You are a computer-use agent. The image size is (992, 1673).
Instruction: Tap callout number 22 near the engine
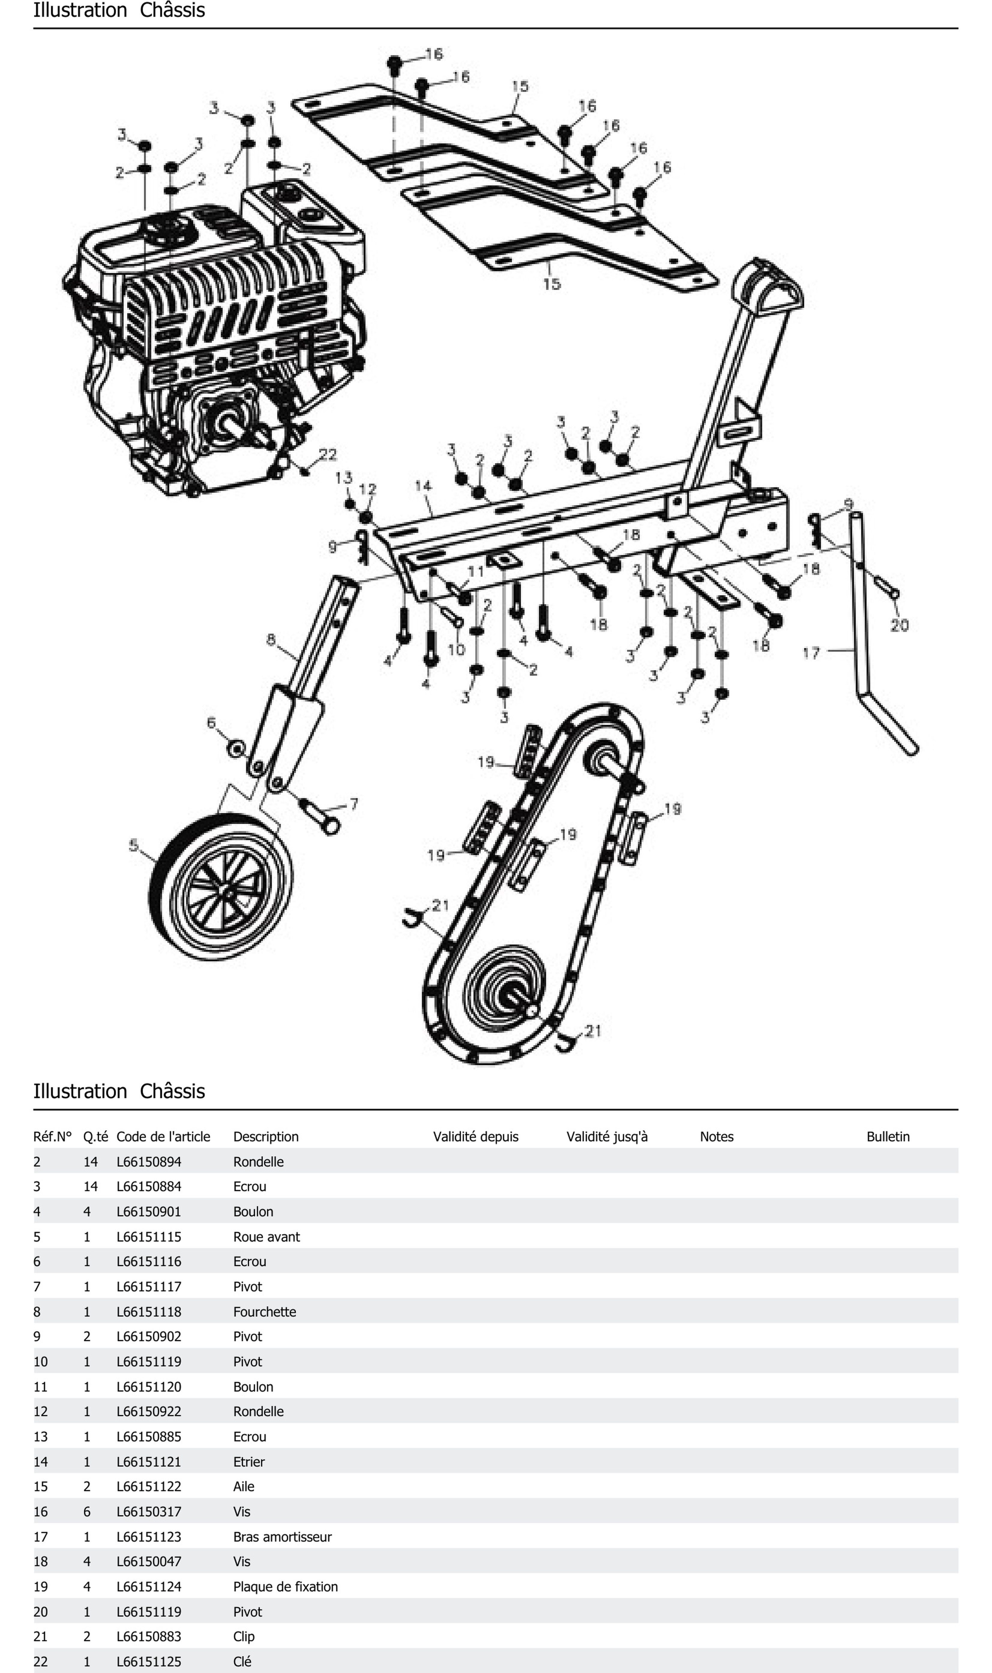pyautogui.click(x=328, y=455)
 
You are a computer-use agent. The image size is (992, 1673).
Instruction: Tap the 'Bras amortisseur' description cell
pyautogui.click(x=282, y=1537)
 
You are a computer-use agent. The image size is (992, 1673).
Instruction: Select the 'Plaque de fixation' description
pyautogui.click(x=285, y=1587)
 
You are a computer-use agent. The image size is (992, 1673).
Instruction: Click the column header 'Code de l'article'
pyautogui.click(x=163, y=1136)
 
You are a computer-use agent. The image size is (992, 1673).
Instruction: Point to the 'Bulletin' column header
pyautogui.click(x=888, y=1136)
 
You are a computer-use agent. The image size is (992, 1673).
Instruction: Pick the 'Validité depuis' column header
pyautogui.click(x=475, y=1136)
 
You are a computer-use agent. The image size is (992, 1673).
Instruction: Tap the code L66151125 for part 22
pyautogui.click(x=149, y=1662)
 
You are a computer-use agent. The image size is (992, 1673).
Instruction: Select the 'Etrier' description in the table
pyautogui.click(x=249, y=1462)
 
